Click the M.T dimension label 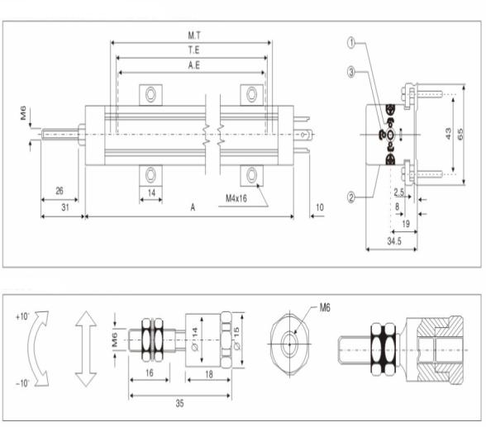(194, 36)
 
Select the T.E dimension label (194, 50)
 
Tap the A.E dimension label (194, 65)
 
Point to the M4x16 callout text (236, 198)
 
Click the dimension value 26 (60, 191)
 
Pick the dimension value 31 (65, 207)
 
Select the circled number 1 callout (350, 43)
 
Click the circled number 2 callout (350, 197)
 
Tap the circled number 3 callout (350, 72)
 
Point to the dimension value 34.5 (394, 241)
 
